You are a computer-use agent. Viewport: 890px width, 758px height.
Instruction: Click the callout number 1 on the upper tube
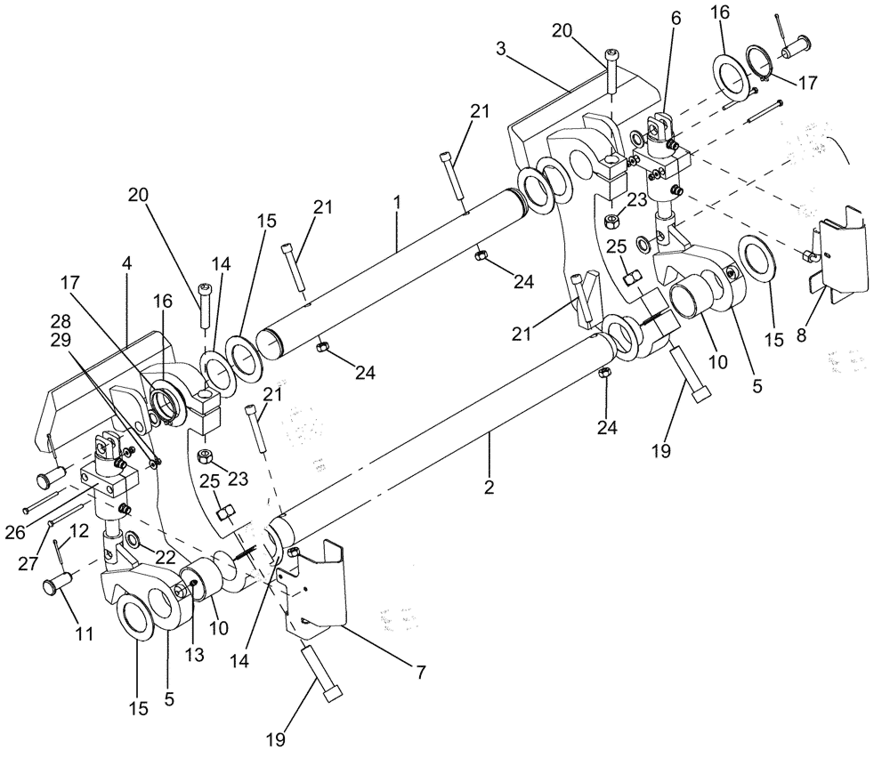(396, 202)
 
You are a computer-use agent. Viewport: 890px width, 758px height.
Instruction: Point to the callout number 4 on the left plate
(127, 264)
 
